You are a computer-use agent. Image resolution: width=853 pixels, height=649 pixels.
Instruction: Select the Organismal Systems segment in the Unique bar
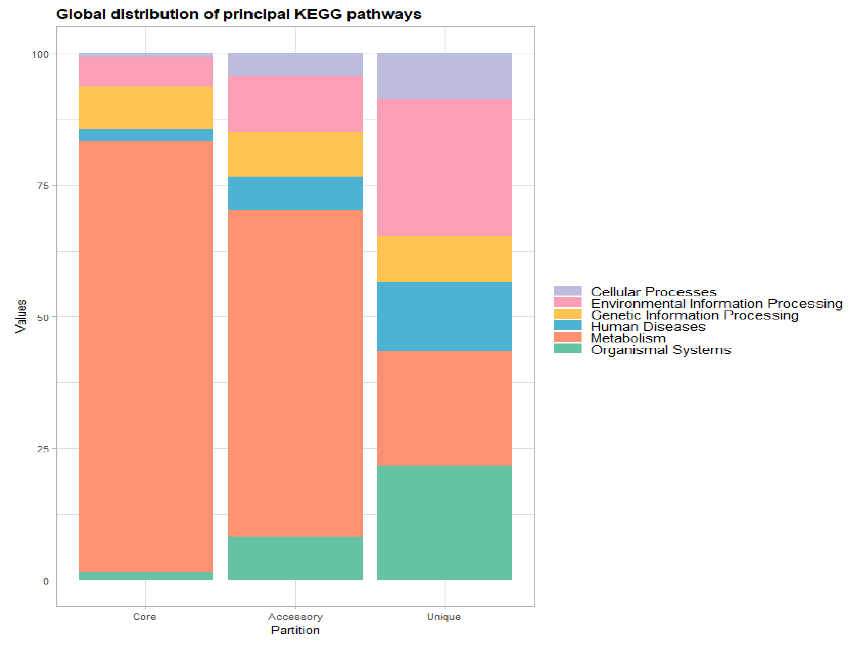tap(444, 522)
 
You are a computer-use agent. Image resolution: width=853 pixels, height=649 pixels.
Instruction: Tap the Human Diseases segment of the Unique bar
tap(444, 316)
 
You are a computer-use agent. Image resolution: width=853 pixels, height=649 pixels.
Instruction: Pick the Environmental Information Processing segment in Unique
tap(444, 167)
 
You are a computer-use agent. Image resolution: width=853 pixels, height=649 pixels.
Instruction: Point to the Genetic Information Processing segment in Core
tap(145, 108)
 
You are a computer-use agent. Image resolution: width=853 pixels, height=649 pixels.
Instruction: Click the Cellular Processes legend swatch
tap(567, 291)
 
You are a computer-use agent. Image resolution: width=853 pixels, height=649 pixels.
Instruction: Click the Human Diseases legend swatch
tap(567, 325)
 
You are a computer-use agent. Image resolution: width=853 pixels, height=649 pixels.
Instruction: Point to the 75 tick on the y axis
tap(43, 186)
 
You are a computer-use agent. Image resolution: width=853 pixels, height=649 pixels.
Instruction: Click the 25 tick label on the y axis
tap(43, 449)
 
